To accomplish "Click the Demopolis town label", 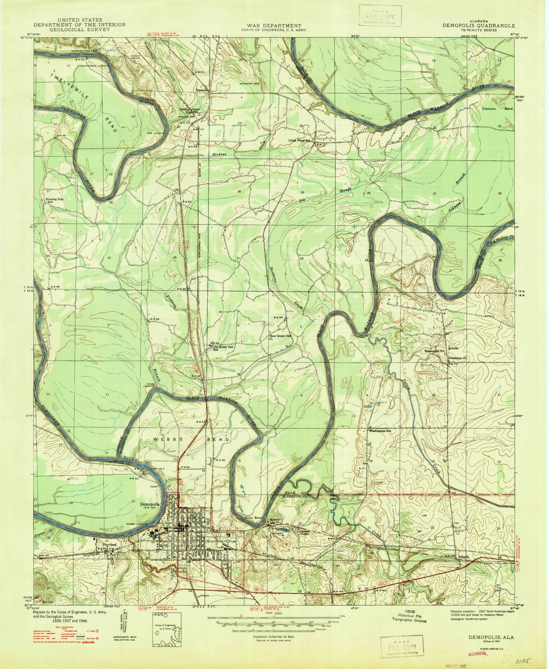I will point(150,503).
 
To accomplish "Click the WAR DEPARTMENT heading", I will point(274,26).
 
